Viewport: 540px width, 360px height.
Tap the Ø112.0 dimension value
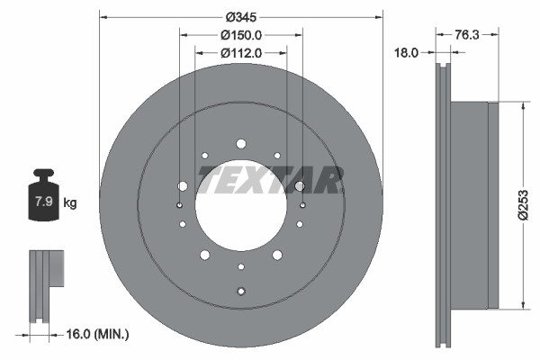pyautogui.click(x=240, y=53)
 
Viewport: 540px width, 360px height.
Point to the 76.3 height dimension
pyautogui.click(x=465, y=35)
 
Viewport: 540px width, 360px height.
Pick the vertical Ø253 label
pyautogui.click(x=521, y=205)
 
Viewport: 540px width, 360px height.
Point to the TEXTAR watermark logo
pyautogui.click(x=270, y=179)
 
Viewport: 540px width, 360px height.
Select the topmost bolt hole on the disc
pyautogui.click(x=240, y=144)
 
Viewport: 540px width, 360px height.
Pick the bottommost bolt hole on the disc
pyautogui.click(x=240, y=290)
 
